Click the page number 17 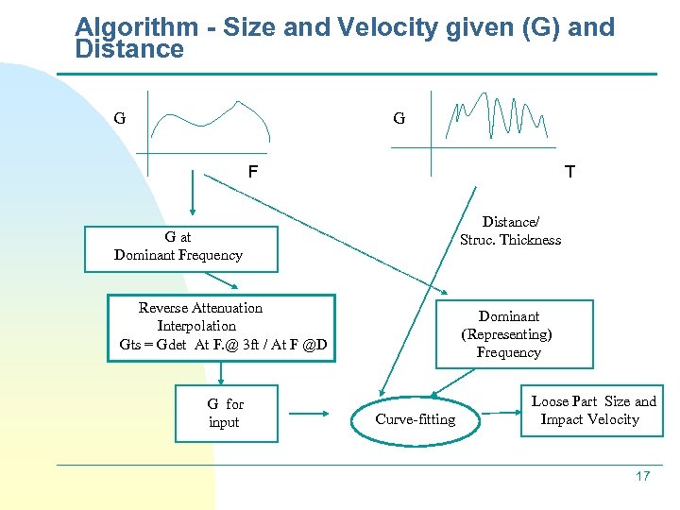[642, 476]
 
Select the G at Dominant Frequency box [178, 247]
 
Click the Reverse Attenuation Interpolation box [222, 327]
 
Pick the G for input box [226, 414]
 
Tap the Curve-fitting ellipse [415, 419]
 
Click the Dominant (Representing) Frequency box [513, 334]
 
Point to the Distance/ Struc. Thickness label [510, 231]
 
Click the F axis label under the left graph [252, 173]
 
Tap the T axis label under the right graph [569, 173]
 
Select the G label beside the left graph [119, 119]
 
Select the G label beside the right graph [399, 119]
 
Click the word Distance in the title [129, 49]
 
